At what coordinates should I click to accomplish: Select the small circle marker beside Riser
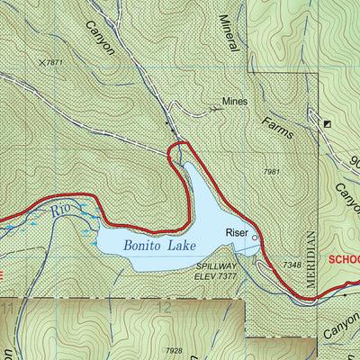click(255, 238)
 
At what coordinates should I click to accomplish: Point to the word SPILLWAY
click(216, 267)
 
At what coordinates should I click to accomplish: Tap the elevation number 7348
click(291, 265)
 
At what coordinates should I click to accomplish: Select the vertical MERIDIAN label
click(311, 256)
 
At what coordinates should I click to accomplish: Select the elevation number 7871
click(57, 62)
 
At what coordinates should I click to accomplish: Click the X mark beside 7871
click(41, 61)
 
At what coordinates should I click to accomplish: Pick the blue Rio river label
click(60, 210)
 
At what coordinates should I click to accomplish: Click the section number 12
click(163, 308)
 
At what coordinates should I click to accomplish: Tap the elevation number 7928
click(175, 349)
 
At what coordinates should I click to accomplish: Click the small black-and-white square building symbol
click(327, 123)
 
